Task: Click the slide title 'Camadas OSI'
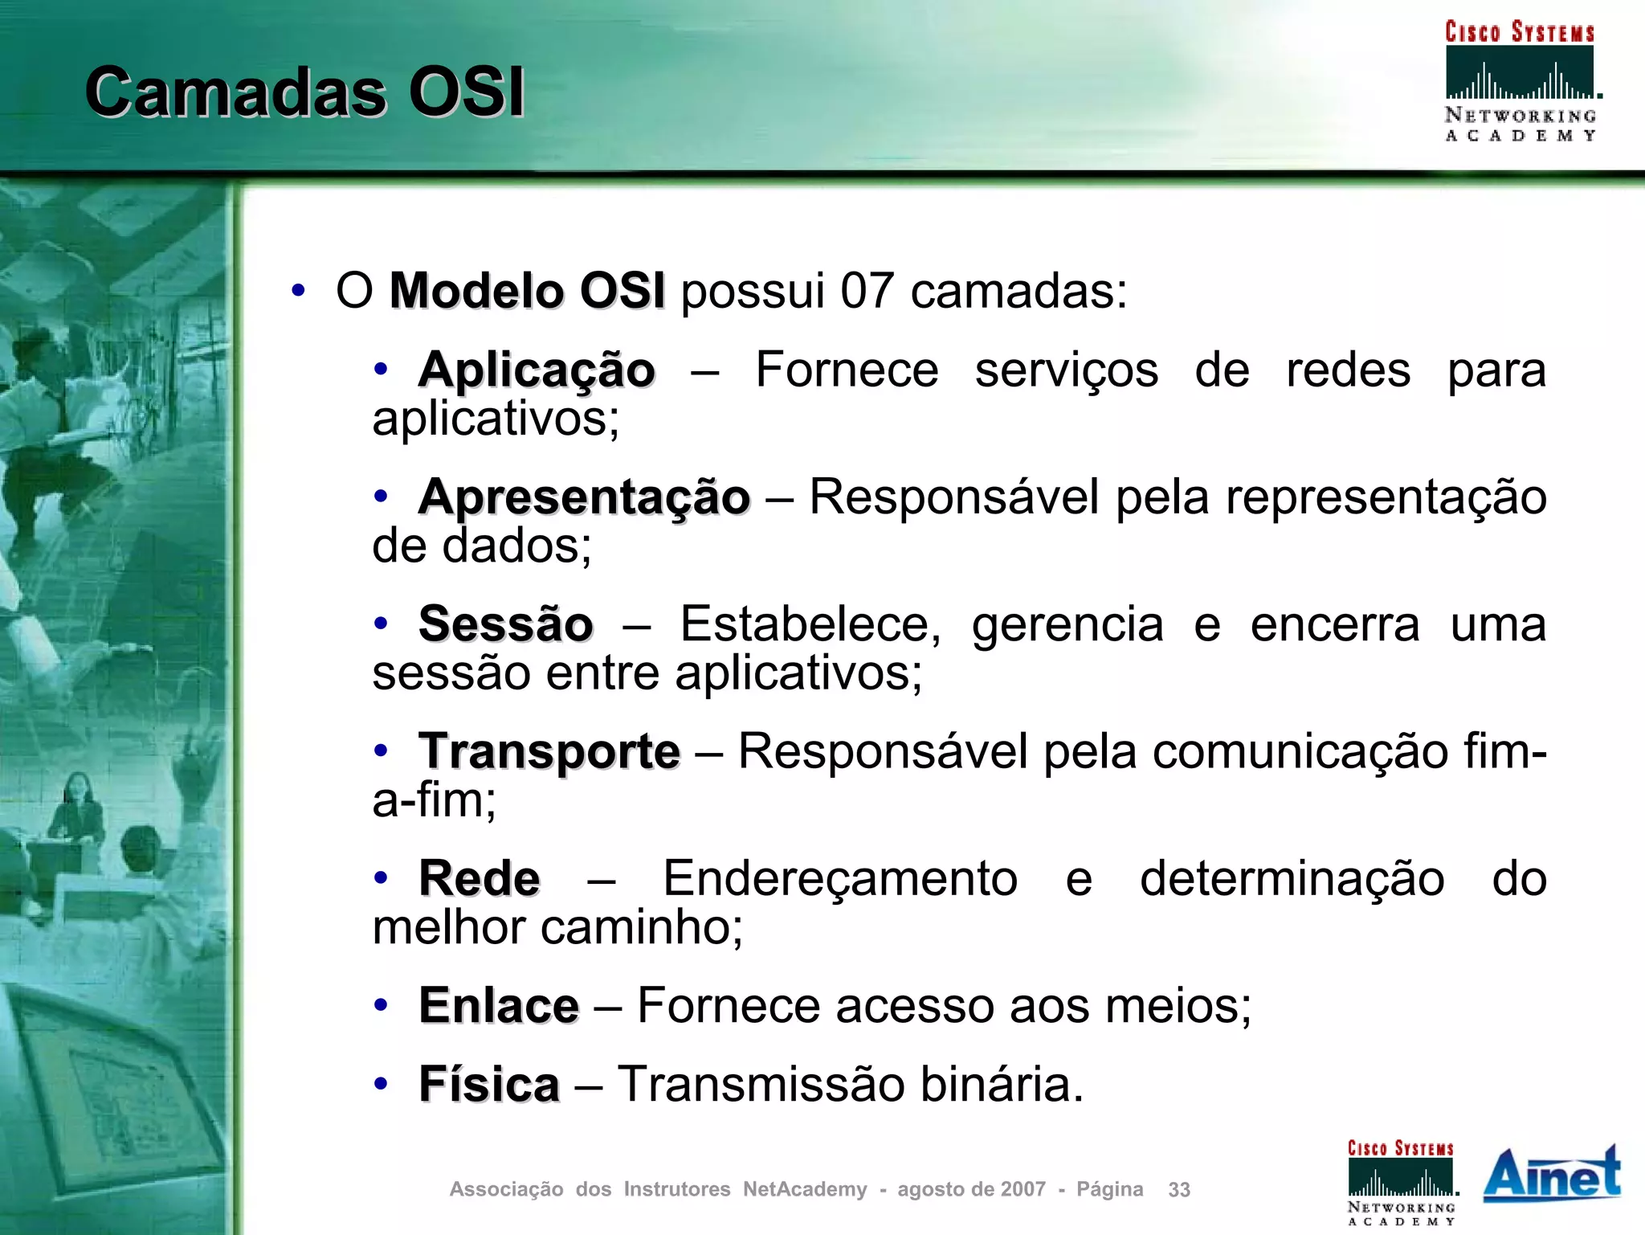pos(304,92)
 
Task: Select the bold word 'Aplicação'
pos(537,370)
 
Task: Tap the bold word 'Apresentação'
pos(584,497)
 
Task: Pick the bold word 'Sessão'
pos(506,624)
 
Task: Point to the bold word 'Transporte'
pos(549,751)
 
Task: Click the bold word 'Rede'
pos(480,878)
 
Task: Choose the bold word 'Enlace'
pos(499,1005)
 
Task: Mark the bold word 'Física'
pos(489,1084)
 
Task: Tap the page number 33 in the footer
pos(1178,1189)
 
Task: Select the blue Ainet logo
pos(1552,1175)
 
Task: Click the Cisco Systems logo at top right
pos(1520,80)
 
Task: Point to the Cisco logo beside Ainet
pos(1402,1182)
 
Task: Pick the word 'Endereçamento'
pos(840,878)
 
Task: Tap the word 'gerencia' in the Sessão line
pos(1067,624)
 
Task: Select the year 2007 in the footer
pos(1023,1189)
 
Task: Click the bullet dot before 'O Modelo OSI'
pos(298,291)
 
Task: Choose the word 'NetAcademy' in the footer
pos(805,1189)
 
